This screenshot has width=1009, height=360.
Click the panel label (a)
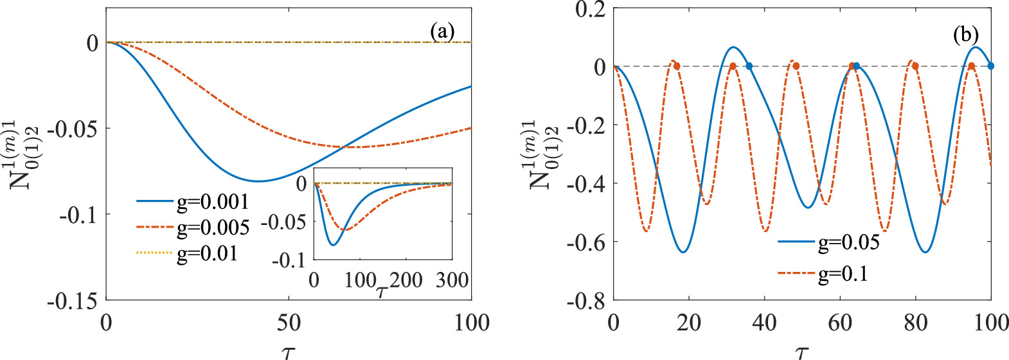pos(443,32)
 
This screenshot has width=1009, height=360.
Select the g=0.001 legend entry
pos(212,202)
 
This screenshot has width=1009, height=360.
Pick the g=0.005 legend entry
pos(212,228)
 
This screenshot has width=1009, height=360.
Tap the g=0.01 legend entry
pos(207,253)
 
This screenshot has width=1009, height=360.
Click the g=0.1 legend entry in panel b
pos(843,274)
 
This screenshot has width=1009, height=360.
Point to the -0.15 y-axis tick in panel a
pos(73,300)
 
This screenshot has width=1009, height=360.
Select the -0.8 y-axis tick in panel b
pos(586,301)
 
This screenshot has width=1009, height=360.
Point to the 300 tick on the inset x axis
pos(452,280)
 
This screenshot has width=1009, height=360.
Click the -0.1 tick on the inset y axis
pos(288,260)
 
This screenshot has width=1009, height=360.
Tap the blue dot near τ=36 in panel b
pos(749,66)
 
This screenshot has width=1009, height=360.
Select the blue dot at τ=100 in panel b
pos(990,66)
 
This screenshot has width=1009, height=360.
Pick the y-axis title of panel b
pos(542,154)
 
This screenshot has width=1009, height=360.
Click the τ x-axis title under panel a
pos(289,352)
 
